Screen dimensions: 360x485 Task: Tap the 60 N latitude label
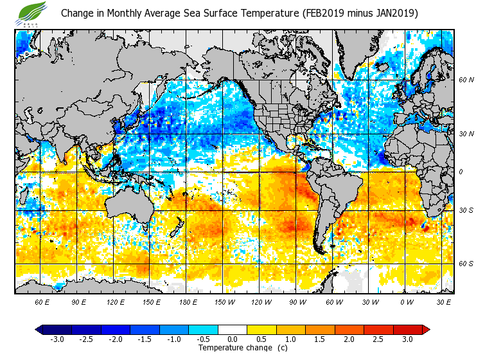pyautogui.click(x=466, y=80)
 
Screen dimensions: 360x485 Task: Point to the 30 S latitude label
pyautogui.click(x=466, y=210)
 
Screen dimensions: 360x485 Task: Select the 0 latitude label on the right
pyautogui.click(x=460, y=172)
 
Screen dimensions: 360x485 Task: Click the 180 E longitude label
pyautogui.click(x=188, y=301)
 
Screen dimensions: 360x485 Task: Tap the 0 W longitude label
pyautogui.click(x=406, y=301)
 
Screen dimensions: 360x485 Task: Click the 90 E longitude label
pyautogui.click(x=78, y=301)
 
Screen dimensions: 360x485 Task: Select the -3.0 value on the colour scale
pyautogui.click(x=57, y=339)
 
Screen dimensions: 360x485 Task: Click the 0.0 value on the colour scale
pyautogui.click(x=233, y=339)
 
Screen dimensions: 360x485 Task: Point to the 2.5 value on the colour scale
pyautogui.click(x=378, y=339)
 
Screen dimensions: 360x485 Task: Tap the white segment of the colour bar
pyautogui.click(x=233, y=329)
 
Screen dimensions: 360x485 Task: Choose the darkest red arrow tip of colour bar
pyautogui.click(x=426, y=329)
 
